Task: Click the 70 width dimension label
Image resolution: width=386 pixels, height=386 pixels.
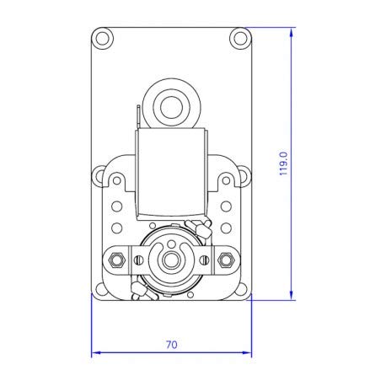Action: [171, 344]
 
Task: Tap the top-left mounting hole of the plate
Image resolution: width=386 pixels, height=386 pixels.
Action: [103, 38]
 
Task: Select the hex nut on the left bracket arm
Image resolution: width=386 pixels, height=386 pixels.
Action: [119, 257]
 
